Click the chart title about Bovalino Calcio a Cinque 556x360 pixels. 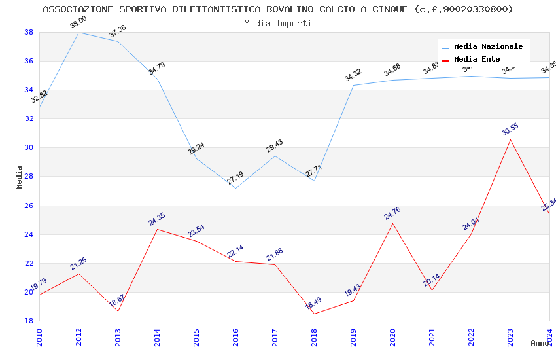[x=278, y=9]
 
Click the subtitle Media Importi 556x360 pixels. [x=278, y=23]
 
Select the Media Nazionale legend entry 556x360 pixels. [x=488, y=47]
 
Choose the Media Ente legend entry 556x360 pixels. [x=477, y=60]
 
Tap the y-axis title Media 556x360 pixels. [x=20, y=177]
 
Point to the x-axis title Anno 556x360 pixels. [x=540, y=343]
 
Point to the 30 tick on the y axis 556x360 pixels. [x=29, y=148]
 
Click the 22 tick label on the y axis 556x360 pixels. [x=29, y=263]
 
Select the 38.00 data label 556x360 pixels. [x=78, y=23]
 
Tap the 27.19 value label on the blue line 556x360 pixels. [x=235, y=178]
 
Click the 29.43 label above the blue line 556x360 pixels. [x=275, y=146]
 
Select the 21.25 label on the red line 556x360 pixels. [x=78, y=264]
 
